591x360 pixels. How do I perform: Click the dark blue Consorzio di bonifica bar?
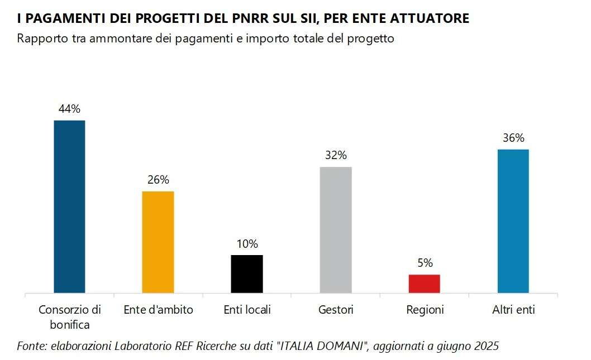click(x=69, y=207)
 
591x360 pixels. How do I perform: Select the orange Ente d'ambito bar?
click(x=158, y=242)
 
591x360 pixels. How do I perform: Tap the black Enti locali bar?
click(x=247, y=274)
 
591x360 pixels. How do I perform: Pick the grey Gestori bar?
click(x=336, y=230)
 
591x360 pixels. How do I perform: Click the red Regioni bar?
click(x=425, y=284)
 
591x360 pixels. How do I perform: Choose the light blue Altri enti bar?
click(x=513, y=221)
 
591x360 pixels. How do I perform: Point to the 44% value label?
click(x=69, y=109)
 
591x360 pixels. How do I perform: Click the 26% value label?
click(x=158, y=180)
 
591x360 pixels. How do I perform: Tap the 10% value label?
click(x=247, y=244)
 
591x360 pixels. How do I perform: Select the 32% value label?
click(x=336, y=155)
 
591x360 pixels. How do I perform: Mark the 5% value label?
click(x=425, y=263)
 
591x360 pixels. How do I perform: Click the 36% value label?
click(x=513, y=138)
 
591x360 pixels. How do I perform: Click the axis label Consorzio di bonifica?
click(x=69, y=316)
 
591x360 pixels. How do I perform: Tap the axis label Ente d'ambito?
click(x=158, y=310)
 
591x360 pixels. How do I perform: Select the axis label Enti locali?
click(x=247, y=310)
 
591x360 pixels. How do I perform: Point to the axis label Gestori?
click(x=336, y=310)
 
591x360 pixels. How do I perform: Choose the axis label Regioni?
click(x=425, y=310)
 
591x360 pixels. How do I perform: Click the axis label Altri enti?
click(x=513, y=310)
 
